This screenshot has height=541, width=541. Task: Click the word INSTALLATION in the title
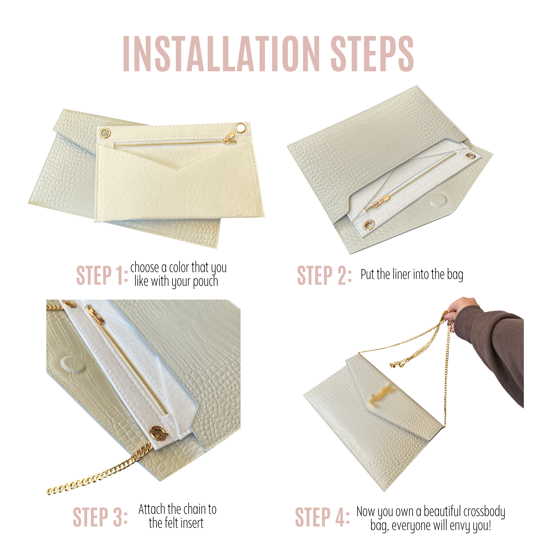click(221, 54)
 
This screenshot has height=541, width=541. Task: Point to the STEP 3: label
click(100, 517)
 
